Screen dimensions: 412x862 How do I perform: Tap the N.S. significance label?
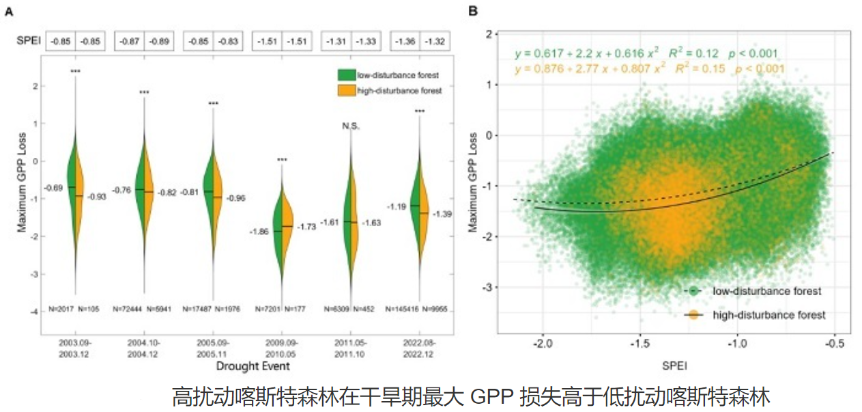click(351, 126)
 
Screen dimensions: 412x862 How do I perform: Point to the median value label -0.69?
click(55, 187)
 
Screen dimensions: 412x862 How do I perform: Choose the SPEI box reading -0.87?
click(130, 41)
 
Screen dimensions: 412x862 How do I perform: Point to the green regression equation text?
click(646, 53)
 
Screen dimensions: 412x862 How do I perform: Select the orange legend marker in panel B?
click(694, 315)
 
